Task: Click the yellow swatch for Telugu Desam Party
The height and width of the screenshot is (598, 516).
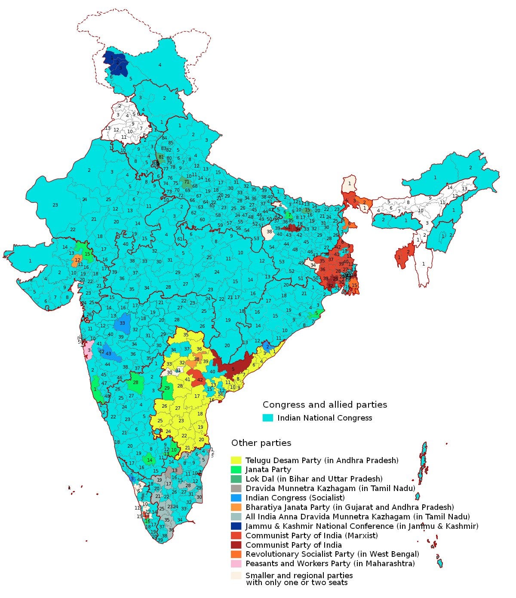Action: click(236, 461)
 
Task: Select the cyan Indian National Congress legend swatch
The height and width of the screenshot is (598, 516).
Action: click(268, 418)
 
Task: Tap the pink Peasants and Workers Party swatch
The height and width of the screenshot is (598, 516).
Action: click(236, 564)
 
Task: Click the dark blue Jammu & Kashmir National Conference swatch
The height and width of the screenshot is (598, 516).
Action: click(236, 526)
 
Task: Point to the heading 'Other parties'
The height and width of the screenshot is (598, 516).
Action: click(261, 443)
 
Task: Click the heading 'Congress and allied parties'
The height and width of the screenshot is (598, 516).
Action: click(325, 405)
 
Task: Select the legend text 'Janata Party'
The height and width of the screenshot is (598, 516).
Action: click(268, 470)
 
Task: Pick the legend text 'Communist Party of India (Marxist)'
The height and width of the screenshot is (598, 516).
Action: click(311, 536)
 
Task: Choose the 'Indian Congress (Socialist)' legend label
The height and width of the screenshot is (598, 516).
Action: click(295, 498)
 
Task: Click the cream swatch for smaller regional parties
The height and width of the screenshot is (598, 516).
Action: click(236, 576)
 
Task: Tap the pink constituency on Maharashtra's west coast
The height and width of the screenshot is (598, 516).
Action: click(88, 350)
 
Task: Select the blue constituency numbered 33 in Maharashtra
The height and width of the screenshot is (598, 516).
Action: click(122, 323)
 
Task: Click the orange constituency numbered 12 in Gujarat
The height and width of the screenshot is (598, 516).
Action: click(77, 260)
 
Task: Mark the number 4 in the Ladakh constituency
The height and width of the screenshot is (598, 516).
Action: click(160, 65)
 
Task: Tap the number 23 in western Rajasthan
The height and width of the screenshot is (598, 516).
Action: click(55, 205)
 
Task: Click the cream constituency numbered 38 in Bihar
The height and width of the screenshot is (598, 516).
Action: click(269, 232)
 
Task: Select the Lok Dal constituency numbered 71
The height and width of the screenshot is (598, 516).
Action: click(186, 182)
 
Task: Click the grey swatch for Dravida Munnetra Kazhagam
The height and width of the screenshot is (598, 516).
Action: click(236, 488)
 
